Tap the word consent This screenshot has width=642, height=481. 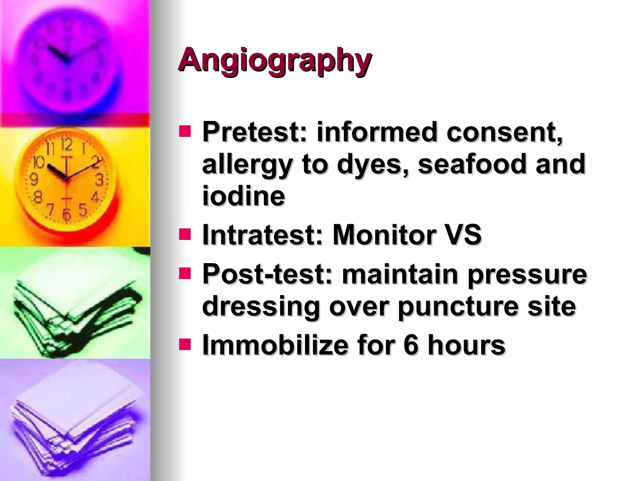[x=505, y=132]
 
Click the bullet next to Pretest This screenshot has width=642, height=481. [x=185, y=132]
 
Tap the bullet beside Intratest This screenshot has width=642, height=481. [x=185, y=234]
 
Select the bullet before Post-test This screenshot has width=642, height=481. [x=185, y=273]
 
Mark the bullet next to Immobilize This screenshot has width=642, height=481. [x=185, y=344]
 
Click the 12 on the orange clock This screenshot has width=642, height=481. [x=66, y=144]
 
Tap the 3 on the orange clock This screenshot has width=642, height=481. [x=99, y=180]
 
